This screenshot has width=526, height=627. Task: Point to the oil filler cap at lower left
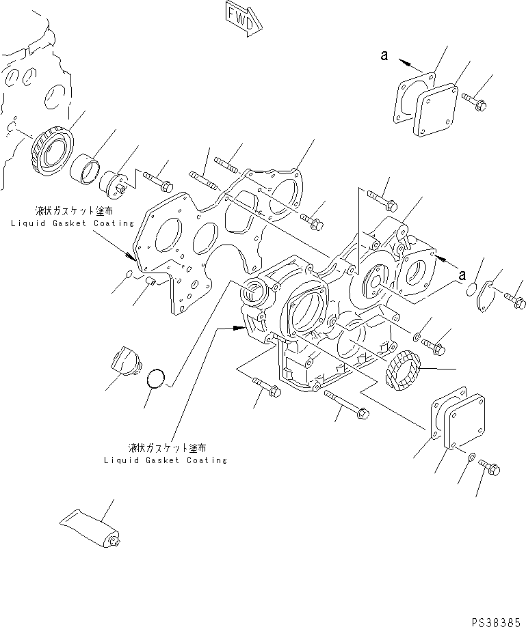pos(127,360)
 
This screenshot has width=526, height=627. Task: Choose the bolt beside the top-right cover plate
pos(473,102)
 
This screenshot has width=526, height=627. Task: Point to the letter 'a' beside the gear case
pos(463,275)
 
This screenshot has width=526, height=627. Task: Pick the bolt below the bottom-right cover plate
pos(491,468)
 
